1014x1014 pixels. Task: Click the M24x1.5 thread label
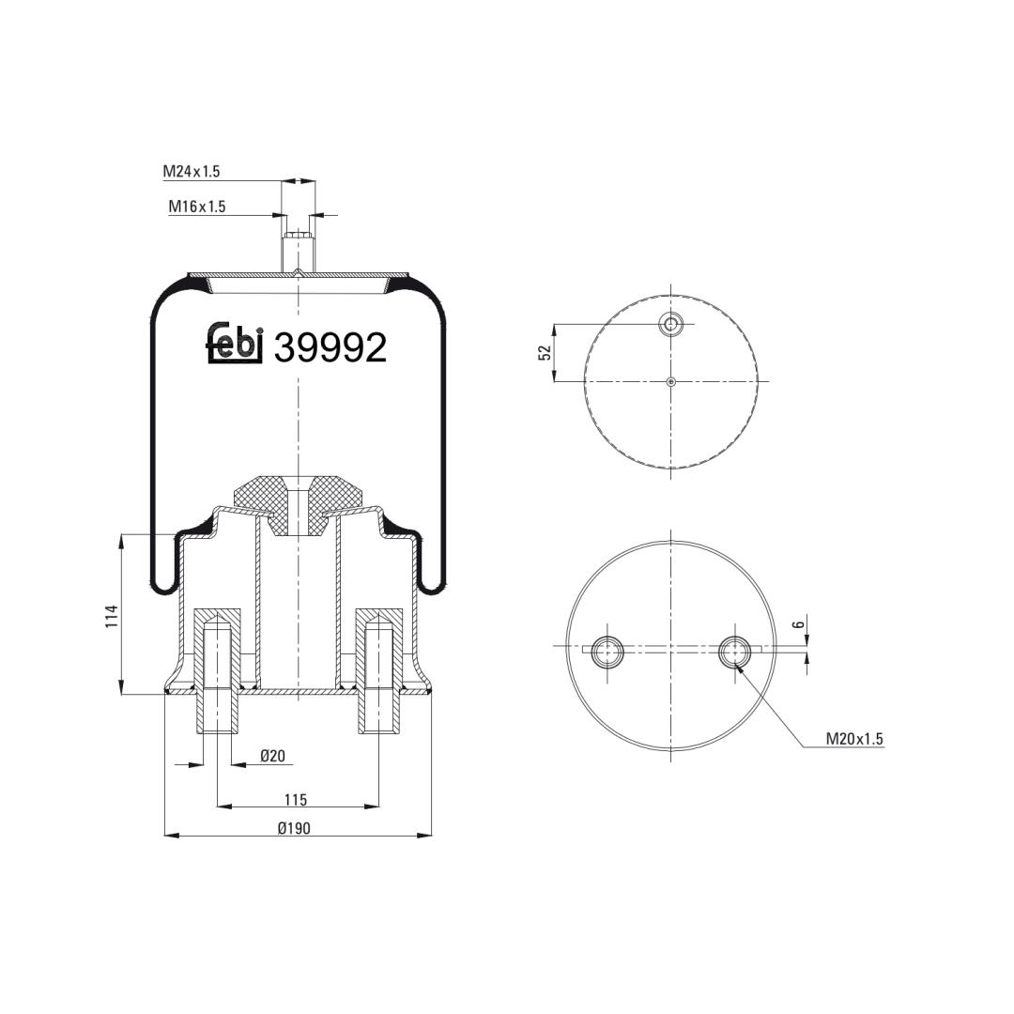point(192,172)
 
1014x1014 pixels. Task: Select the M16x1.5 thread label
point(197,207)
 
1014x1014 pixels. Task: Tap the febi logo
point(235,342)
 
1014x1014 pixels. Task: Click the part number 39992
point(330,347)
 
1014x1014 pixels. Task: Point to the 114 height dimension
point(112,616)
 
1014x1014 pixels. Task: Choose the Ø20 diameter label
point(273,755)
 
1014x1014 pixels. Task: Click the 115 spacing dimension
point(296,799)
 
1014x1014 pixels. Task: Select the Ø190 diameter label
point(294,828)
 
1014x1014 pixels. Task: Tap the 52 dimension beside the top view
point(545,352)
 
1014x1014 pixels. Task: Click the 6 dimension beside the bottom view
point(799,624)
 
